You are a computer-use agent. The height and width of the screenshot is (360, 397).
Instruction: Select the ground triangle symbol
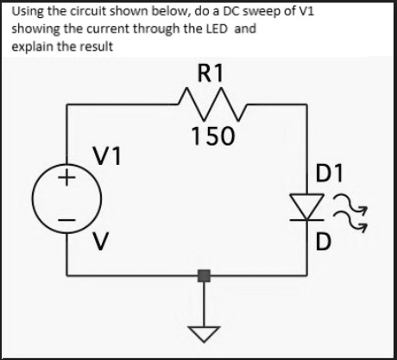[x=204, y=330]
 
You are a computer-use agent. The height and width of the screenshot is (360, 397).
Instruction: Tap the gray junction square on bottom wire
[x=204, y=277]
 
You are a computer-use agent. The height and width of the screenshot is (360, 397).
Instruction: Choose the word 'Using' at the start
[x=27, y=12]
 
